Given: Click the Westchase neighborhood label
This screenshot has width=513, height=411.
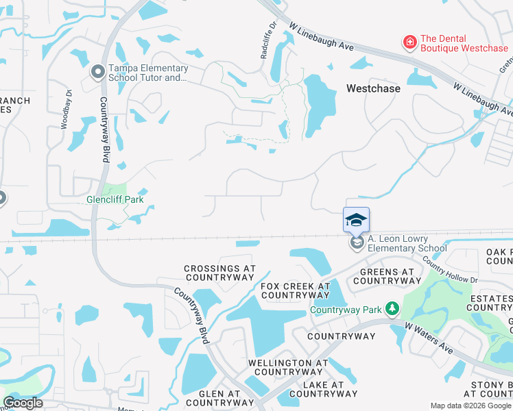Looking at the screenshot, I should click(x=373, y=88).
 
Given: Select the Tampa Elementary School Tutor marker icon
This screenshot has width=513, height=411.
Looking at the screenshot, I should click(x=97, y=71).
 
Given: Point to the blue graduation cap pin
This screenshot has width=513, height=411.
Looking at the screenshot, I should click(x=356, y=220).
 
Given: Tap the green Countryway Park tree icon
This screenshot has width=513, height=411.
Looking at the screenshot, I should click(x=392, y=310).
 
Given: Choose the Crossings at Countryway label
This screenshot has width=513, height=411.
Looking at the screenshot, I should click(x=219, y=273).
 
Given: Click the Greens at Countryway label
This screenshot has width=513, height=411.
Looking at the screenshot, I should click(x=386, y=275).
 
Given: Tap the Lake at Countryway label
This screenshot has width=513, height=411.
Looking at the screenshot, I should click(x=324, y=389).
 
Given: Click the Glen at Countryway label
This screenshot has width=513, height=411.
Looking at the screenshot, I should click(x=214, y=398).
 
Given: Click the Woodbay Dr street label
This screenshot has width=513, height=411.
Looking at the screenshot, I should click(x=67, y=110).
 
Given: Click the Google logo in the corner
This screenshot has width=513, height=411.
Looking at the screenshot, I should click(x=23, y=403).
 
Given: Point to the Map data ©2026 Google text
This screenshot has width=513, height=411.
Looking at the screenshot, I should click(x=471, y=406).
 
